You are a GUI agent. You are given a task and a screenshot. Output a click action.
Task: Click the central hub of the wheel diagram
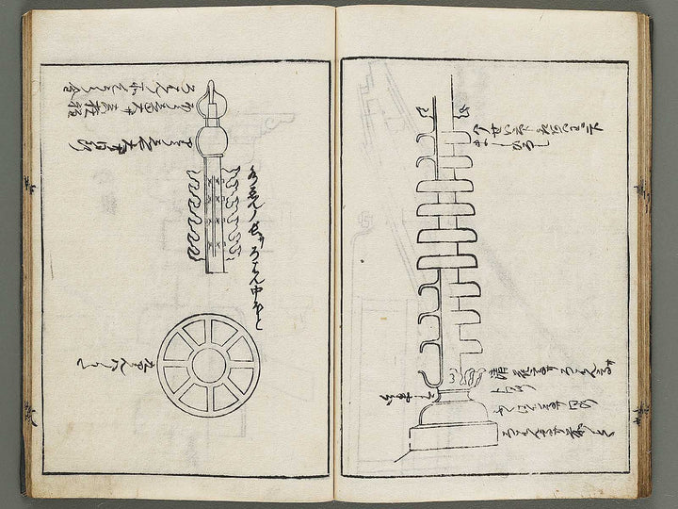(209, 366)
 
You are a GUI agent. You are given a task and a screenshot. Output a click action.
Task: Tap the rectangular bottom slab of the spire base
(452, 435)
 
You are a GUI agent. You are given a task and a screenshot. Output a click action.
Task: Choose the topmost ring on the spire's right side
(460, 138)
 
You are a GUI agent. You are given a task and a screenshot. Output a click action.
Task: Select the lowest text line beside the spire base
(556, 434)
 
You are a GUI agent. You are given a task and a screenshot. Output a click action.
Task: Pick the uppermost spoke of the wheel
(209, 332)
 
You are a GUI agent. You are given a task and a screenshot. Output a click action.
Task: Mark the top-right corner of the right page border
(627, 62)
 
